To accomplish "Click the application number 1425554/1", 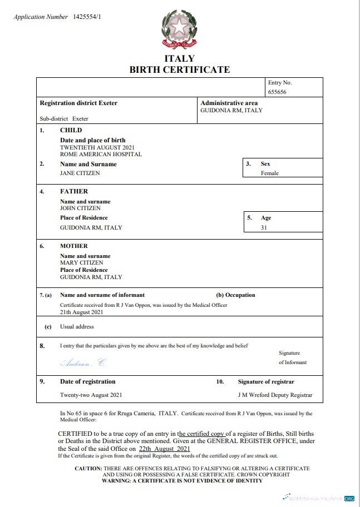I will (87, 17).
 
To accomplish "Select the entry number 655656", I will (277, 92).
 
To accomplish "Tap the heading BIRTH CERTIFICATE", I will (179, 69).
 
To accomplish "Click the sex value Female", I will (270, 173).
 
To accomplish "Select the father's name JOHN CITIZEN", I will (80, 208).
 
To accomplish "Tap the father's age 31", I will (264, 227).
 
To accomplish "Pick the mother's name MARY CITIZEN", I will (81, 262).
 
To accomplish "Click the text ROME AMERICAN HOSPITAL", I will (101, 154).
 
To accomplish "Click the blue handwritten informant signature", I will (82, 362).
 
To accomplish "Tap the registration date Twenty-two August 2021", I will (91, 395).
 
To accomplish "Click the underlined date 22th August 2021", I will (165, 448).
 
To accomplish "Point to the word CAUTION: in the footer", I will (88, 469).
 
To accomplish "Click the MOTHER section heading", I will (74, 246).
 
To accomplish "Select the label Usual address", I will (77, 326).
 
